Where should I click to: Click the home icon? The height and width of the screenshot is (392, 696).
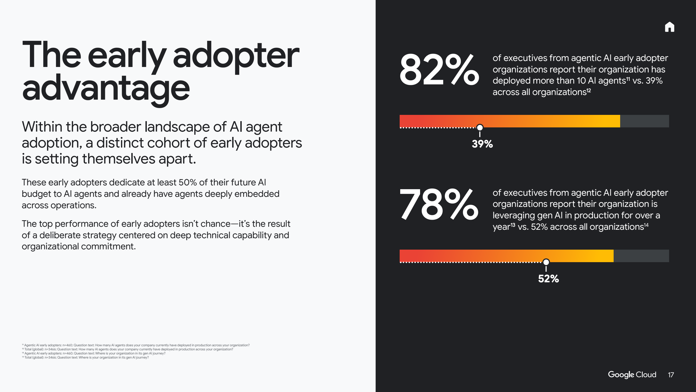coord(669,27)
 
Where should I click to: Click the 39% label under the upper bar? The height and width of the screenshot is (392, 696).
coord(482,144)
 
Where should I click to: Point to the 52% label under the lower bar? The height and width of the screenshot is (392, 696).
coord(548,278)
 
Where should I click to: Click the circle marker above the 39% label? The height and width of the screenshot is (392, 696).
coord(480,127)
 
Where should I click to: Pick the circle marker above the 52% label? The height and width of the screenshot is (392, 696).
coord(546,262)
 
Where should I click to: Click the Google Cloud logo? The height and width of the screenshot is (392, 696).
coord(632,375)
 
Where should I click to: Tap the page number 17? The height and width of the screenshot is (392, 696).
coord(671,375)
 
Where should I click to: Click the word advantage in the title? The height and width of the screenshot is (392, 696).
coord(106,88)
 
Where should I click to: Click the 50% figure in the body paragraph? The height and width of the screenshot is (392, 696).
coord(188,182)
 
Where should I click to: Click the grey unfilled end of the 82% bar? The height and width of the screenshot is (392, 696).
coord(644,121)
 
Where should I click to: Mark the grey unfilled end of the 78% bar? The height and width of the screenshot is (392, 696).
coord(641,256)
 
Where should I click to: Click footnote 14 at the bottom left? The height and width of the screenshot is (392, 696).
coord(85,357)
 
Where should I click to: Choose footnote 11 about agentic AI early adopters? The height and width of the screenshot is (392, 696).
coord(136,345)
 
